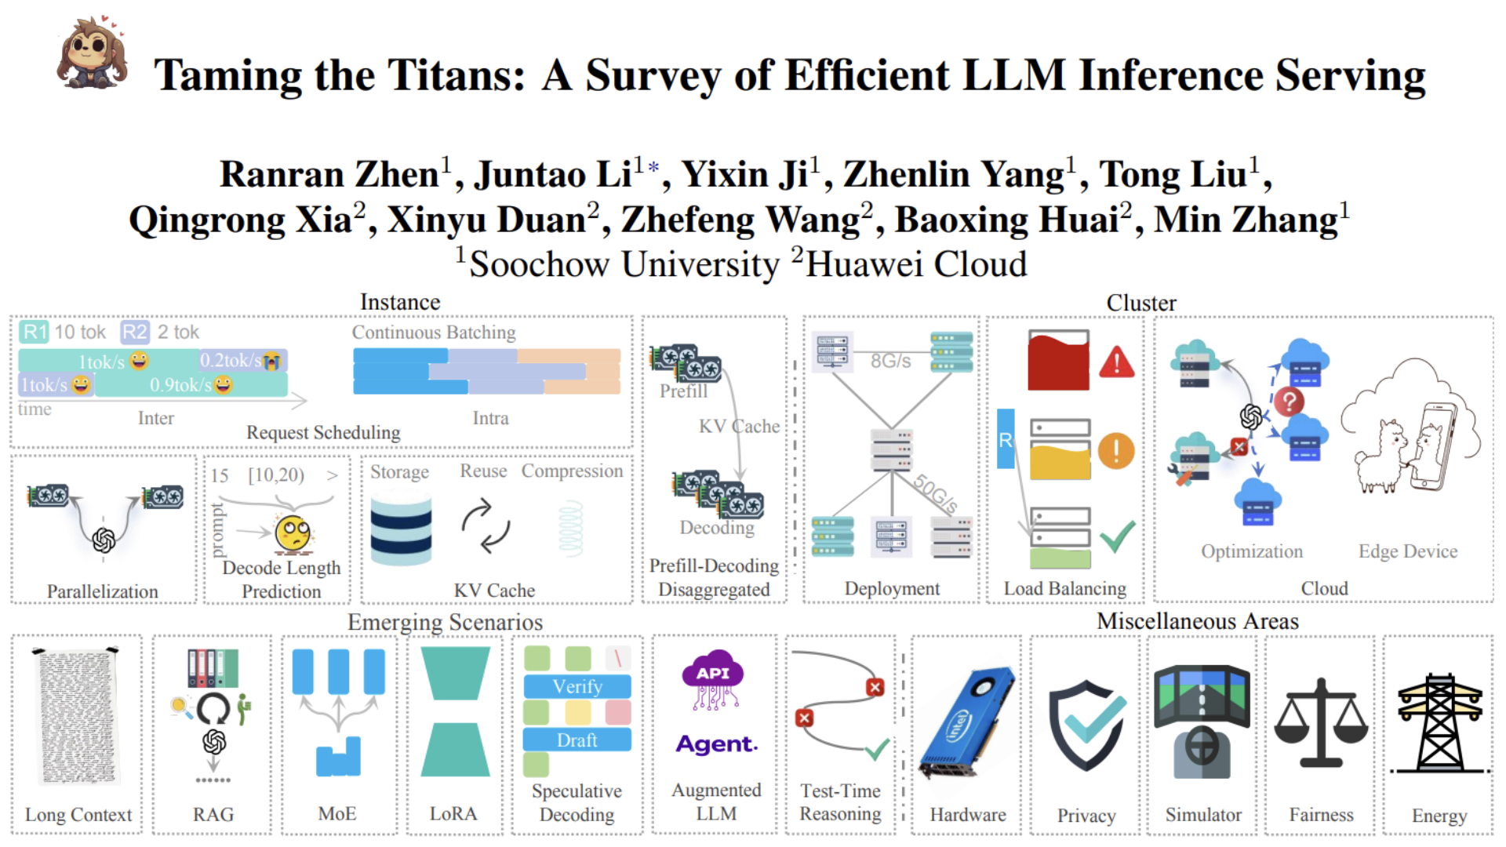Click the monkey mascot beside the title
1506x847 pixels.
pos(92,53)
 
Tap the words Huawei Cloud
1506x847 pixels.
pos(916,264)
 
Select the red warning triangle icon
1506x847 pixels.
pos(1117,363)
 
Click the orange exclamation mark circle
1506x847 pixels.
pos(1116,451)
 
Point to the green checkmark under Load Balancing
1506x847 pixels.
pos(1117,536)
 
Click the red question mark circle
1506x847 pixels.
pos(1289,402)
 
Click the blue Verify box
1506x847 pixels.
pos(577,686)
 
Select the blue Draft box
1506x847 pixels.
pos(577,740)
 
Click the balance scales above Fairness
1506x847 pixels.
pos(1321,723)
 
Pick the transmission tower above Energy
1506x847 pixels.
pos(1439,723)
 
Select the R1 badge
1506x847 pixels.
pos(35,332)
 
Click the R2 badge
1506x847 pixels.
pos(134,332)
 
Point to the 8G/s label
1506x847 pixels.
pos(890,361)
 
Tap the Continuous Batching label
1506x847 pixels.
pos(434,333)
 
